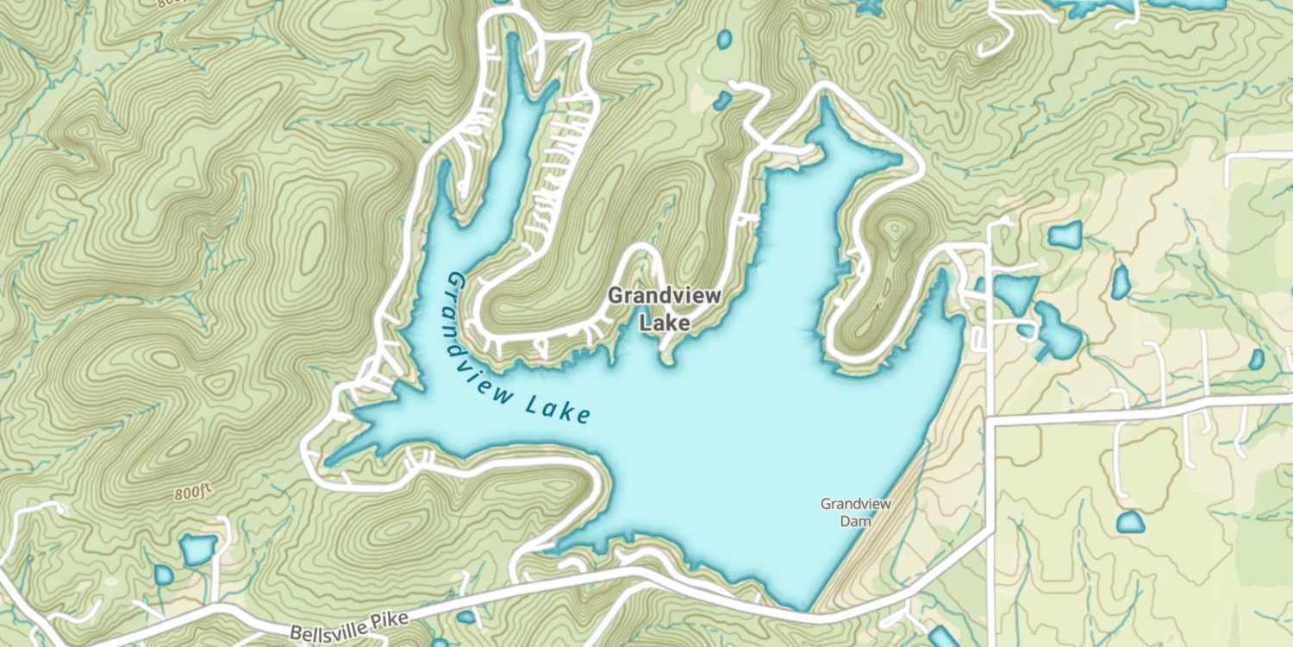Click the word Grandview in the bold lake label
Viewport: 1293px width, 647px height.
664,295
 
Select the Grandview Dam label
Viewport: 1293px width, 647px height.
855,512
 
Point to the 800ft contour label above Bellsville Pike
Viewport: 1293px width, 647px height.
192,493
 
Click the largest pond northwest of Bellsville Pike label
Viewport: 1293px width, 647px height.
197,549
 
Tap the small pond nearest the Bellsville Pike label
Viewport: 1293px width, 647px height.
466,617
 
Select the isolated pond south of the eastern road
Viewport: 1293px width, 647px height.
1130,522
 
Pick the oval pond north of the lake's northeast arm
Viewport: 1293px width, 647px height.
724,39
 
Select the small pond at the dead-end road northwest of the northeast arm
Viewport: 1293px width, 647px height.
722,102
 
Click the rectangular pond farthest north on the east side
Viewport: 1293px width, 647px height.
1065,235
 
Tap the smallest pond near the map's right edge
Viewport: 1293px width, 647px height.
1257,360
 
